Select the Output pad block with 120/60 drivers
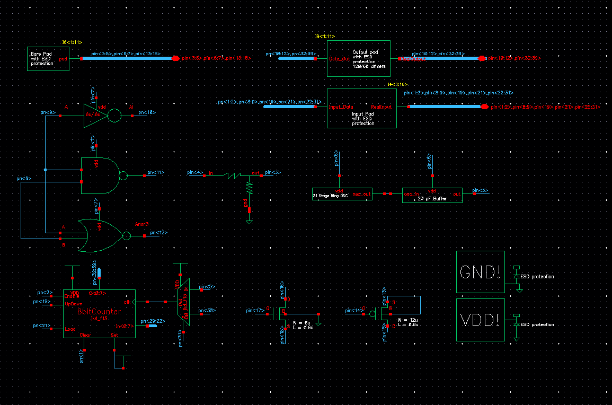pyautogui.click(x=358, y=58)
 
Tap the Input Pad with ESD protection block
pyautogui.click(x=361, y=108)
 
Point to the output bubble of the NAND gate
pyautogui.click(x=123, y=175)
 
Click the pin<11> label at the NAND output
pyautogui.click(x=156, y=172)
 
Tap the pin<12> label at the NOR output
pyautogui.click(x=158, y=233)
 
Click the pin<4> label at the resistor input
pyautogui.click(x=195, y=172)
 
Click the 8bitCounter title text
pyautogui.click(x=99, y=312)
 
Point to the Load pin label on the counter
pyautogui.click(x=70, y=329)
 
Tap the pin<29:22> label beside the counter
pyautogui.click(x=148, y=321)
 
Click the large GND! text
pyautogui.click(x=480, y=272)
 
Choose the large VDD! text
pyautogui.click(x=480, y=320)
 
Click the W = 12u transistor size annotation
pyautogui.click(x=407, y=320)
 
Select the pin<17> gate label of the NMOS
pyautogui.click(x=255, y=310)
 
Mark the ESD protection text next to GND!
pyautogui.click(x=537, y=277)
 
